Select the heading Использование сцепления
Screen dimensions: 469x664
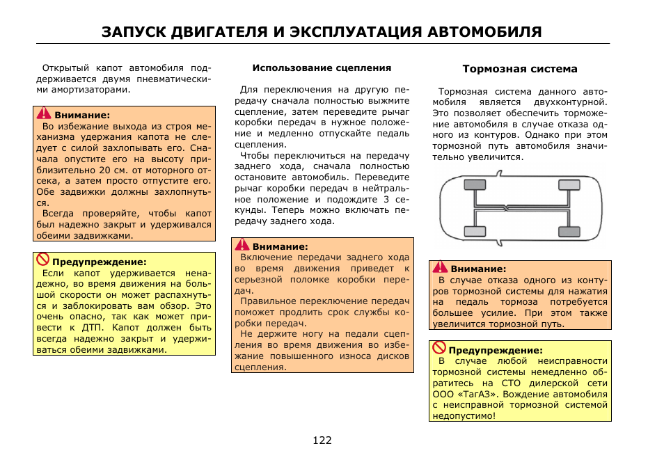[322, 68]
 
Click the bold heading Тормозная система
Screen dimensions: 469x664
[520, 69]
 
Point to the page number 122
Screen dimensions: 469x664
[322, 440]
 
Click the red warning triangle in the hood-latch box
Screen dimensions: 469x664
[44, 114]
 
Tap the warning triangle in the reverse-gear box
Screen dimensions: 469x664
[242, 245]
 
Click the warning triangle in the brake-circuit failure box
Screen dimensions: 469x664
[440, 267]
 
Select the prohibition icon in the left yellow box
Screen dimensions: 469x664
[42, 260]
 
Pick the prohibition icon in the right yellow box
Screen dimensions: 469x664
[438, 348]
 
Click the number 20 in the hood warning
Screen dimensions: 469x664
[104, 169]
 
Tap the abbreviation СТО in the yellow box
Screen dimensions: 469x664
[508, 383]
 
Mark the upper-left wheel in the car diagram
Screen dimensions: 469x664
[475, 184]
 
